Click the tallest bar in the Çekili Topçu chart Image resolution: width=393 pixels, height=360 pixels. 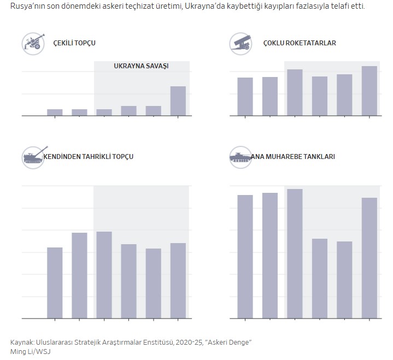click(178, 101)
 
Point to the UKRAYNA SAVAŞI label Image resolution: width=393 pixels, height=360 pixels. click(141, 66)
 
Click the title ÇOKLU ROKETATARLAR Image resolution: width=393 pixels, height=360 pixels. click(300, 43)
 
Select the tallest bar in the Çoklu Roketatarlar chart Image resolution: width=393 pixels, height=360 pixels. click(369, 91)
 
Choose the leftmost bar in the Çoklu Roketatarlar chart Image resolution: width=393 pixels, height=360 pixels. click(245, 97)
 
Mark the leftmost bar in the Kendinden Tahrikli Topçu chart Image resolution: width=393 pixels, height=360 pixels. click(55, 282)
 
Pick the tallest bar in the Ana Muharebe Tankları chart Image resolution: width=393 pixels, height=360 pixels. click(295, 253)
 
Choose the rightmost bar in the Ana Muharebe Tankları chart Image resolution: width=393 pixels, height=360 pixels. click(369, 258)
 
